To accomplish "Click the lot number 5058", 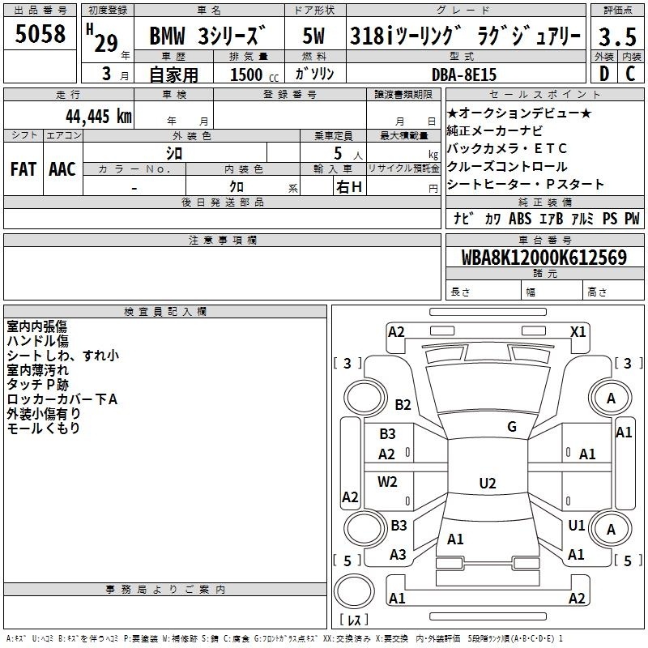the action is pyautogui.click(x=40, y=34).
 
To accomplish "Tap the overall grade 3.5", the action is pyautogui.click(x=617, y=36).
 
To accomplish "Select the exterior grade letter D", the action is pyautogui.click(x=604, y=74).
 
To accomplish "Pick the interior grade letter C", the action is pyautogui.click(x=630, y=74).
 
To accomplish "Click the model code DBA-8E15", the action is pyautogui.click(x=463, y=75).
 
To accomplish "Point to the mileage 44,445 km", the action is pyautogui.click(x=99, y=116).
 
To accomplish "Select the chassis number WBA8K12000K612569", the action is pyautogui.click(x=544, y=258).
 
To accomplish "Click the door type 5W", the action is pyautogui.click(x=313, y=36).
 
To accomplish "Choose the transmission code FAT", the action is pyautogui.click(x=23, y=169).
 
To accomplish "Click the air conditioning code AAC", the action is pyautogui.click(x=62, y=169).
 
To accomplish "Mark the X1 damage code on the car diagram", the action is pyautogui.click(x=578, y=332).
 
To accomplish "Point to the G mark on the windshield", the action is pyautogui.click(x=512, y=426).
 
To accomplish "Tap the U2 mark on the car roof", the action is pyautogui.click(x=488, y=483).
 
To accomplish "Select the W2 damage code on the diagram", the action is pyautogui.click(x=387, y=481).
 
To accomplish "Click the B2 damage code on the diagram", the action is pyautogui.click(x=403, y=404).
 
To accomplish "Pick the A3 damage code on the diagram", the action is pyautogui.click(x=398, y=555).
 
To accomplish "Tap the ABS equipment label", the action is pyautogui.click(x=520, y=218).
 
